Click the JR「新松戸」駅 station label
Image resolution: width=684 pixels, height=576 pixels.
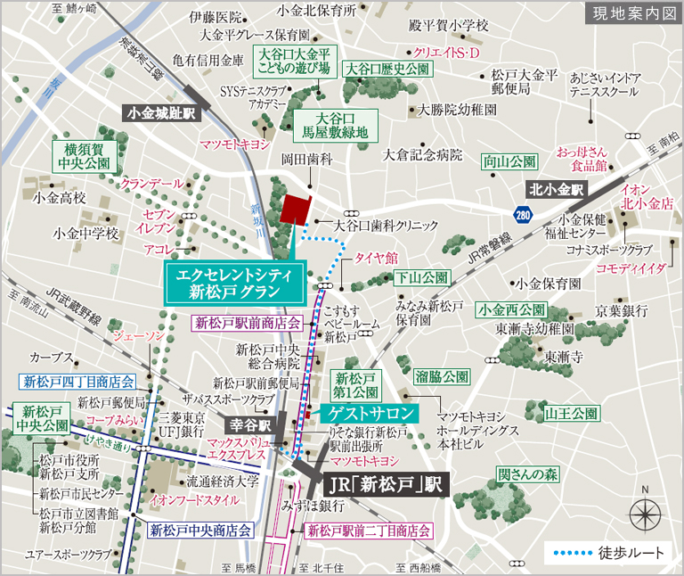[x=382, y=486]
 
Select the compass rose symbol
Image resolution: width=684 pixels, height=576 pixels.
[x=645, y=515]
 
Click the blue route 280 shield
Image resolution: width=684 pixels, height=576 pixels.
[x=524, y=214]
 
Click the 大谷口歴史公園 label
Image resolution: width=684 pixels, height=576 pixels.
[x=387, y=69]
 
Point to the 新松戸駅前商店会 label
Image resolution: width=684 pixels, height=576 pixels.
[x=248, y=323]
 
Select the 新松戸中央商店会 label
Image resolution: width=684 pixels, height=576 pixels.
[x=200, y=530]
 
